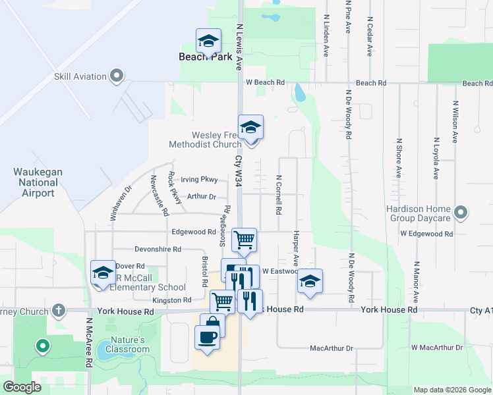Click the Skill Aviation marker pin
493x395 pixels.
pos(117,76)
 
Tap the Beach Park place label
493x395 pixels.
pos(206,57)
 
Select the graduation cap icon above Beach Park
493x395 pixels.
pos(208,41)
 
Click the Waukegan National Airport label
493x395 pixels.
pos(38,182)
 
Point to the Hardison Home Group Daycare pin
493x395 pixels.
pos(461,213)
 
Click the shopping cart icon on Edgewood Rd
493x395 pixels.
pos(244,240)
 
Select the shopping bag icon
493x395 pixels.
pos(213,324)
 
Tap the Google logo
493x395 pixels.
pos(22,387)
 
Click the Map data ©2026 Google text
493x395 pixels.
pos(451,390)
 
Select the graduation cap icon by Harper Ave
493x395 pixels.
pos(310,280)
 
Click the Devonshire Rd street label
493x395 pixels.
pos(158,250)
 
